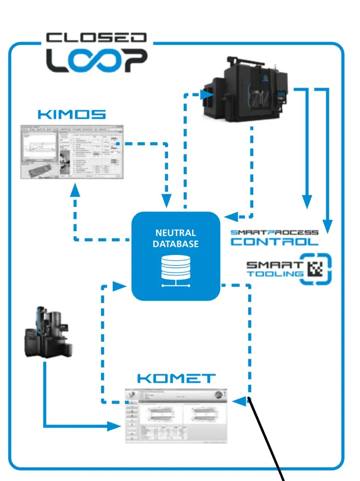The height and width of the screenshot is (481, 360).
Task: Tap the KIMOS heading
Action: click(x=72, y=114)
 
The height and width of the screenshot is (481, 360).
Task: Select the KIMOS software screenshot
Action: click(x=72, y=151)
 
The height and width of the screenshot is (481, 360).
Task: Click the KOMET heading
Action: click(x=176, y=378)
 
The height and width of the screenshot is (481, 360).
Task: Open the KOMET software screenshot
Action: click(x=176, y=416)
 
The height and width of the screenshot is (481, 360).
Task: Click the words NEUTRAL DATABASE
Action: click(x=175, y=238)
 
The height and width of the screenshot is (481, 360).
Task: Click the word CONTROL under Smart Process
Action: click(x=274, y=241)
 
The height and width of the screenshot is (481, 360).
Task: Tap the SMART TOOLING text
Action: click(x=274, y=269)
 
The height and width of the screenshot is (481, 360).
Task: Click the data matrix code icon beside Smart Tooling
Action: click(x=315, y=269)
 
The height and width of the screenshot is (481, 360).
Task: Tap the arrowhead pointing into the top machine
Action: click(x=207, y=95)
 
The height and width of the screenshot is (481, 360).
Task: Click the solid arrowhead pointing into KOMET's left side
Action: click(x=114, y=426)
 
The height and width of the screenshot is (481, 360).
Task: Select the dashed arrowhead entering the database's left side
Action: click(x=119, y=286)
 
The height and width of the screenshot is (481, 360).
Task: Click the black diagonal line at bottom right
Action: click(x=267, y=440)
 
